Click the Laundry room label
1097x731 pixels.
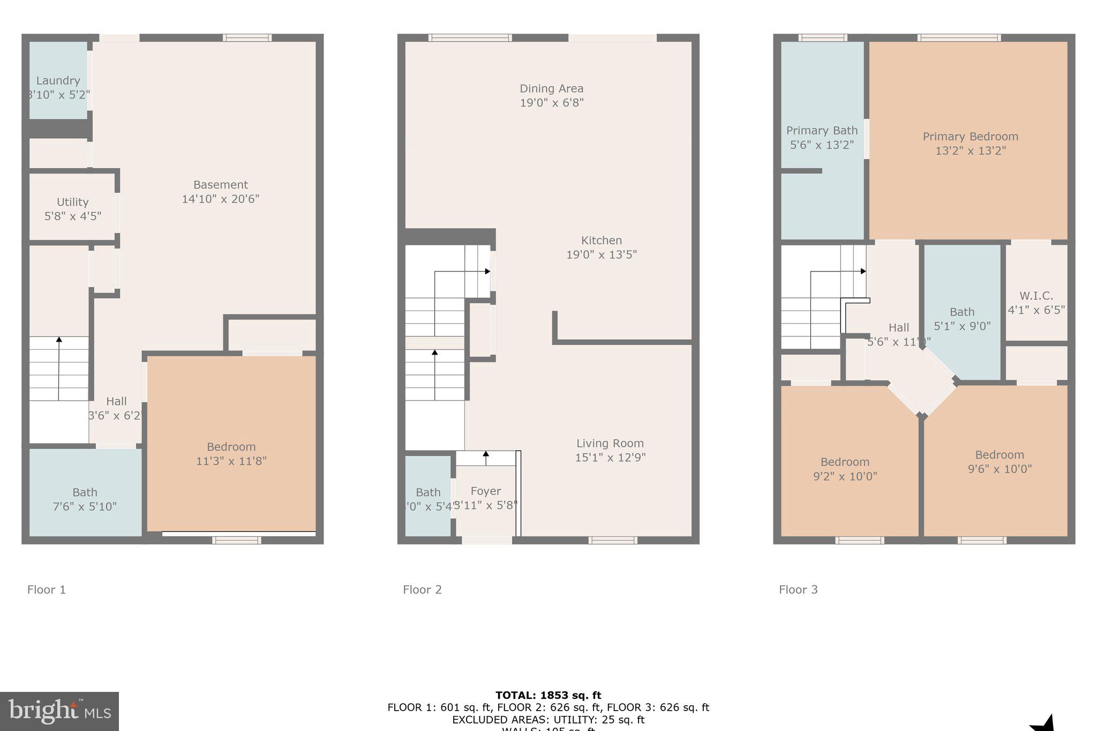coord(58,81)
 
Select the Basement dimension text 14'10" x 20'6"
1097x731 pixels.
coord(220,199)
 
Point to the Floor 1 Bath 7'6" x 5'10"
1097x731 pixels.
coord(85,499)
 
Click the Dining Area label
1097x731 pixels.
coord(551,89)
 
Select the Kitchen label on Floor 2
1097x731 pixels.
coord(601,240)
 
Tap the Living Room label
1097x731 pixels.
coord(610,443)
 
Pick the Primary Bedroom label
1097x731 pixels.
coord(970,137)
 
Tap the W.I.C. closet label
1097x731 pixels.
coord(1036,296)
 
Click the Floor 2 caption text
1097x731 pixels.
coord(422,590)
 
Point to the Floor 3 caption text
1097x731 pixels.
coord(798,590)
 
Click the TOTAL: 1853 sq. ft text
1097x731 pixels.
coord(548,695)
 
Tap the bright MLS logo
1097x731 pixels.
coord(59,711)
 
